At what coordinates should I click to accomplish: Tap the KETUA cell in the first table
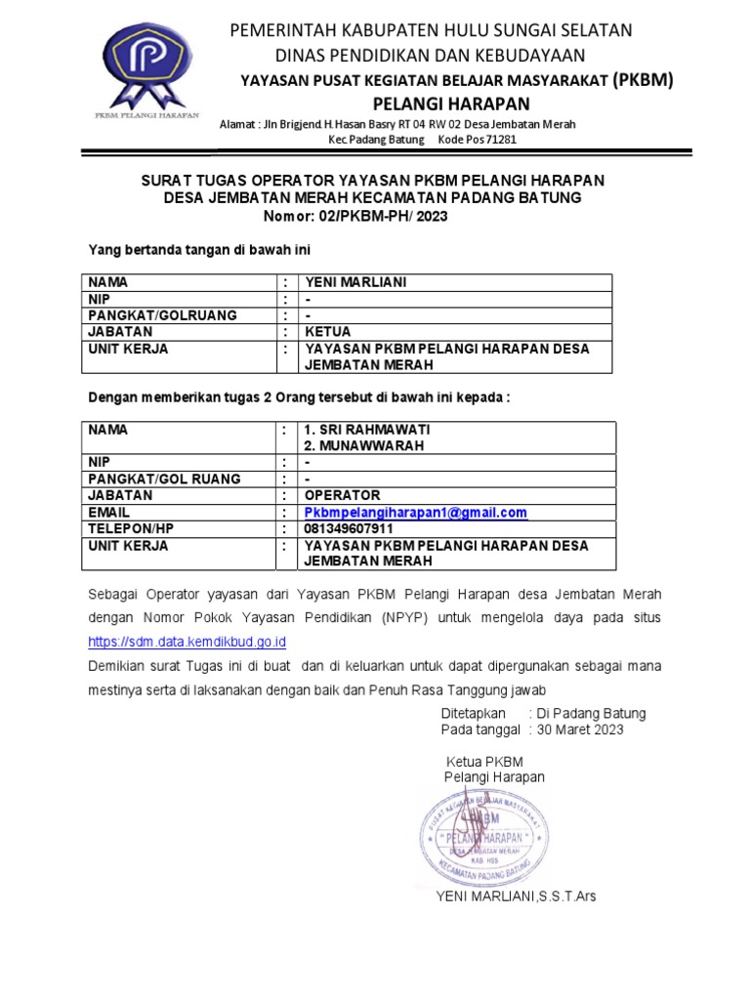click(327, 331)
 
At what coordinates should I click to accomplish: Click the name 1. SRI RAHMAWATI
click(367, 430)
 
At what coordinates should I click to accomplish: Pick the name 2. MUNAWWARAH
click(363, 445)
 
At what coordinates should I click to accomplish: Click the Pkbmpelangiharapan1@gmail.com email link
click(415, 513)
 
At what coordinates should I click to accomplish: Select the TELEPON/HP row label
click(131, 529)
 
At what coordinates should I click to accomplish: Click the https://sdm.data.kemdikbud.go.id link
click(187, 642)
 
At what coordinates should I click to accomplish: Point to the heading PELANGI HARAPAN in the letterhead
click(451, 104)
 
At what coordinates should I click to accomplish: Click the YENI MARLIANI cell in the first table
click(354, 282)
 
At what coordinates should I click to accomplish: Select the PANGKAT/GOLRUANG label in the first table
click(162, 315)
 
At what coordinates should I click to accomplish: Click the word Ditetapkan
click(475, 714)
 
